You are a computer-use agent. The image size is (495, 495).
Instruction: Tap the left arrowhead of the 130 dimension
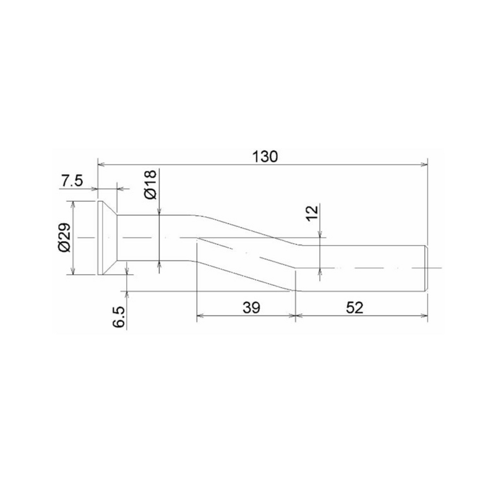point(102,165)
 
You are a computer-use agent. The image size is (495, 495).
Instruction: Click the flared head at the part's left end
point(106,238)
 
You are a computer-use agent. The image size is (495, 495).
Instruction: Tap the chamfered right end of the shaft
point(425,268)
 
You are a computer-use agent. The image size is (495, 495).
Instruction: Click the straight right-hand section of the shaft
point(365,268)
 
